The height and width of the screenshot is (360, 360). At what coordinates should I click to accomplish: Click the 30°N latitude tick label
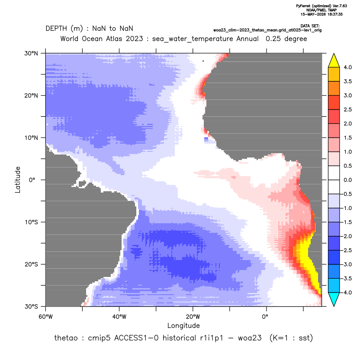[x=31, y=53]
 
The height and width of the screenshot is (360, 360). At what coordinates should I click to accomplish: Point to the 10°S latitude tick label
[x=31, y=222]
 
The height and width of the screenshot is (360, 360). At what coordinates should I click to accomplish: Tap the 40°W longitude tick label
[x=119, y=317]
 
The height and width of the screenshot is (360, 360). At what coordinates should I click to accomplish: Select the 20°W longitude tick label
[x=193, y=317]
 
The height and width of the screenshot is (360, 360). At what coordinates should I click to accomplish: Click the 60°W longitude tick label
[x=45, y=317]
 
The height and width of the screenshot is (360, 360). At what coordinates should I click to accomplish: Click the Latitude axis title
[x=18, y=180]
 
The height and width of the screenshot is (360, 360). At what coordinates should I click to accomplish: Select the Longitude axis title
[x=183, y=325]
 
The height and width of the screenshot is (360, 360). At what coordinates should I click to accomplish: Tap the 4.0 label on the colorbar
[x=347, y=67]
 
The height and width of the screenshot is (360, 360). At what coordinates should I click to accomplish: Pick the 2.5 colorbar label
[x=347, y=109]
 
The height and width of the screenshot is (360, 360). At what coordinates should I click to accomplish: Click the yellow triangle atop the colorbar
[x=334, y=61]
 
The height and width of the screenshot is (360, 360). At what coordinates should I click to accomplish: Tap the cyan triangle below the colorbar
[x=334, y=299]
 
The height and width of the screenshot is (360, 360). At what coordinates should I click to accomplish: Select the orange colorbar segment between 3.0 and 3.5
[x=334, y=88]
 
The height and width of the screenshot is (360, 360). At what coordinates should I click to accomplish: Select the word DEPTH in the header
[x=56, y=29]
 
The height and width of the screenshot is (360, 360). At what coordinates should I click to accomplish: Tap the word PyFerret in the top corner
[x=303, y=6]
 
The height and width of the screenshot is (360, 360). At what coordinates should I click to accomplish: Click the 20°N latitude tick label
[x=31, y=96]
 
